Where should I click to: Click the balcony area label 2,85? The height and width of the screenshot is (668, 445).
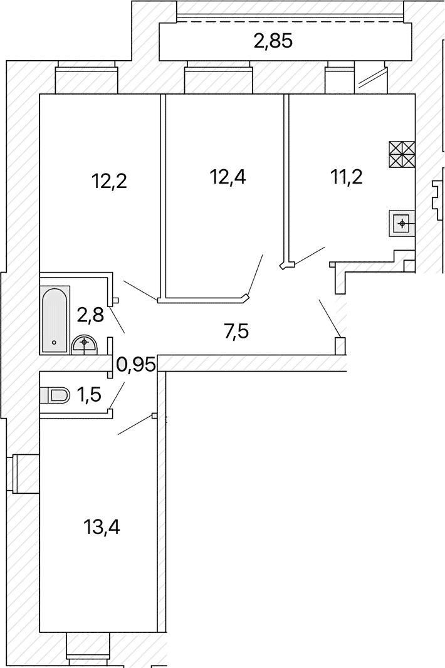pos(273,42)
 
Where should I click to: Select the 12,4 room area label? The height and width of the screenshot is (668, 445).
pos(228,176)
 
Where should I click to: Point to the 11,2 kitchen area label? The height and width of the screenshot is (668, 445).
pos(347,176)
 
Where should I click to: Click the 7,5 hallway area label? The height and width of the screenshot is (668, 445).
pos(236,331)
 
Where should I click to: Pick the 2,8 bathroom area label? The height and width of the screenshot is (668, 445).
pos(90,316)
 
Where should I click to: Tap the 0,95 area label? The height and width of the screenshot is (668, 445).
pos(135,365)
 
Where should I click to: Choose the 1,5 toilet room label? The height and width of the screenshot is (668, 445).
pos(89,395)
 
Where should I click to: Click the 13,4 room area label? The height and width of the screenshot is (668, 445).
pos(102,528)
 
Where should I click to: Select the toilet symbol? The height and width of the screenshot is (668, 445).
pos(54,395)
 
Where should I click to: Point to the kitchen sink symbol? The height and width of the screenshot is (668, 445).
pos(402,223)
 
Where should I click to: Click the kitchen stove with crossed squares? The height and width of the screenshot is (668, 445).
pos(402,154)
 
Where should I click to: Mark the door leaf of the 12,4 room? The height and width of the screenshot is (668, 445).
pos(255,275)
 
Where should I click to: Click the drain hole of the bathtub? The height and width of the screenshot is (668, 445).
pos(54,342)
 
